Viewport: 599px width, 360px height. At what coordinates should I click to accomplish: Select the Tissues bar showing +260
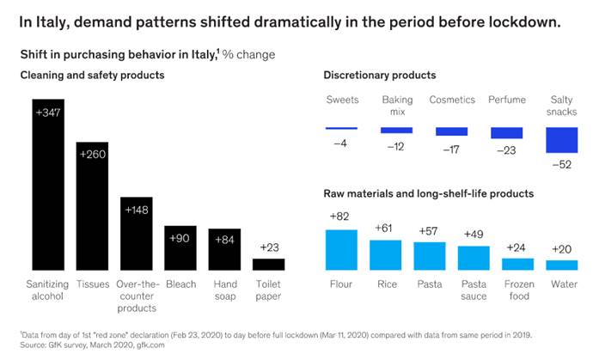coord(92,205)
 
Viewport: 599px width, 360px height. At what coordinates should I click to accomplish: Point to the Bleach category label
coord(180,284)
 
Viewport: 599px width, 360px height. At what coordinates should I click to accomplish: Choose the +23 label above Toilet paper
coord(268,247)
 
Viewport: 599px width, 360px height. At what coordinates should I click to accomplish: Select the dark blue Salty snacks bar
coord(562,139)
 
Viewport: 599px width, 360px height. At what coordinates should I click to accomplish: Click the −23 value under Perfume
coord(506,150)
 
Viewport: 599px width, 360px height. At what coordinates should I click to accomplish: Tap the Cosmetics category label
coord(451,100)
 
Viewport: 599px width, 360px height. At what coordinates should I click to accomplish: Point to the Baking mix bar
coord(396,131)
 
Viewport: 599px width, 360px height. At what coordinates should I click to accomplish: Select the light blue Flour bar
coord(341,249)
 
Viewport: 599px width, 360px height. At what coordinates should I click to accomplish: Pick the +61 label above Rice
coord(385,228)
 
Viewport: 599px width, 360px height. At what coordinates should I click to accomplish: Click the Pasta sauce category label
coord(474,290)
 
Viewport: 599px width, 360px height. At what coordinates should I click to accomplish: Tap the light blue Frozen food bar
coord(517,264)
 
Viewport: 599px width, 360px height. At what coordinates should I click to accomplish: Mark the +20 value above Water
coord(561,249)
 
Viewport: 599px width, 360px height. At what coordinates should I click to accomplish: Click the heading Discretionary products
coord(379,76)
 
